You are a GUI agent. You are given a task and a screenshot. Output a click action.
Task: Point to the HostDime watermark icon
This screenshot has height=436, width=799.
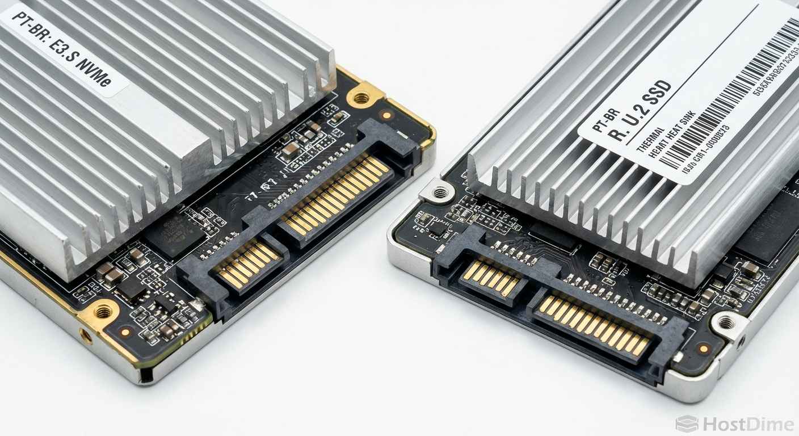[687, 424]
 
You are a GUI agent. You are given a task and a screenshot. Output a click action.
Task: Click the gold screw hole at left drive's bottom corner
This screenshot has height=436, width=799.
[103, 311]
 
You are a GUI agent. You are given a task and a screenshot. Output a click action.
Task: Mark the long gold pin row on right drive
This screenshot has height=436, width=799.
[594, 325]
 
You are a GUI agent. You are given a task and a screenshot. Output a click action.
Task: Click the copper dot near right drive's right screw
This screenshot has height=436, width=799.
[704, 347]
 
